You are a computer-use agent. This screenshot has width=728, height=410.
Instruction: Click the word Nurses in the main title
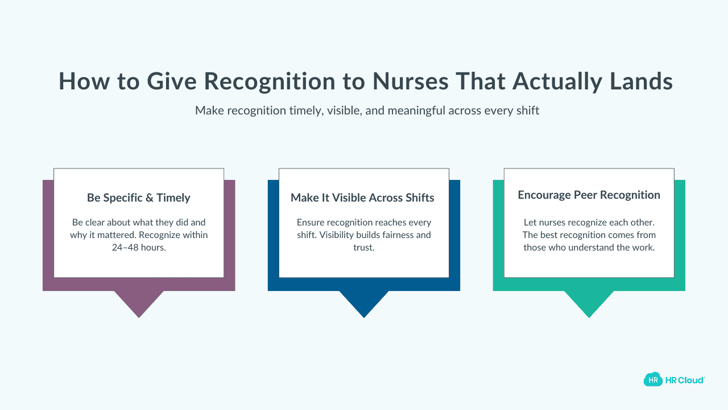[x=410, y=81]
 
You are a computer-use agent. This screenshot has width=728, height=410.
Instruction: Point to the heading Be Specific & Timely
[x=139, y=198]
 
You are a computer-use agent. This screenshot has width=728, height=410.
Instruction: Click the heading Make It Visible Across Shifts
[x=362, y=198]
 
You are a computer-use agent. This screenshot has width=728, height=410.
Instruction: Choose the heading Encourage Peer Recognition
[x=589, y=195]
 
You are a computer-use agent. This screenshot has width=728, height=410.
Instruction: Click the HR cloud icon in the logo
[x=653, y=379]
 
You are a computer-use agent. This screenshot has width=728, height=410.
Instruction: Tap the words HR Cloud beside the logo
[x=685, y=380]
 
